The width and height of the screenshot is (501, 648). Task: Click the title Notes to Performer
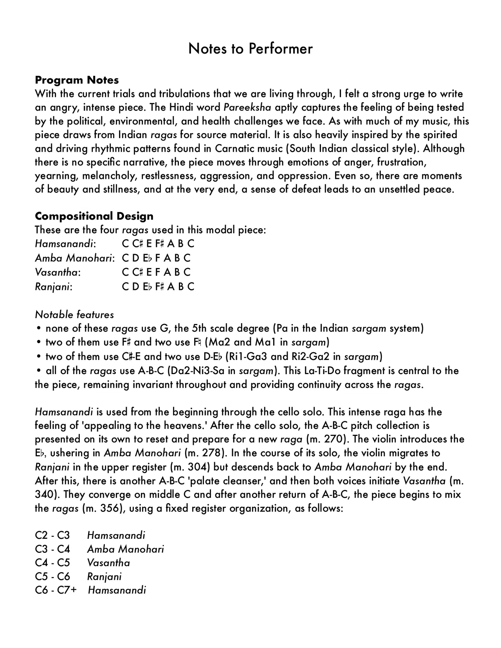coord(250,49)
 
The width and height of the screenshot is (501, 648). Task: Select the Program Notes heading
coord(77,80)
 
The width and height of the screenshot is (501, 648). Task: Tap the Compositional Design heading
coord(94,216)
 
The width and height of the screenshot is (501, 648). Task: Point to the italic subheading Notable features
coord(74,315)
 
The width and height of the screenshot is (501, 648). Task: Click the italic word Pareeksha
coord(247,108)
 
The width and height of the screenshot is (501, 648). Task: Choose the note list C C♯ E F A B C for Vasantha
coord(156,272)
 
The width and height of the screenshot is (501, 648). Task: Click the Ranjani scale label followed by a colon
coord(54,287)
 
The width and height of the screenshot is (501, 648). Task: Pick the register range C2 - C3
coord(52,535)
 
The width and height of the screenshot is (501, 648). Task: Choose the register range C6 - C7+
coord(56,590)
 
